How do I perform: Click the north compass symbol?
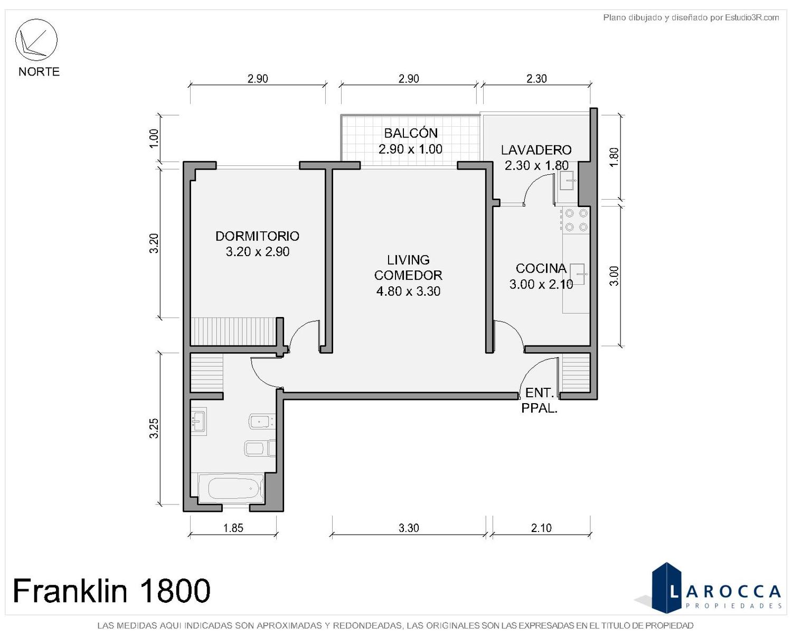point(36,40)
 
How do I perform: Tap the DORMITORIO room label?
point(257,236)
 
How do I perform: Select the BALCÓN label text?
point(411,133)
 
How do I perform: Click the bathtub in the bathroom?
point(231,488)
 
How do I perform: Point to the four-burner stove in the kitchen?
point(576,220)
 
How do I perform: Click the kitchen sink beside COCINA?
point(577,274)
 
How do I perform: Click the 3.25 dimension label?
point(154,428)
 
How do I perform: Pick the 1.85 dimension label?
point(233,528)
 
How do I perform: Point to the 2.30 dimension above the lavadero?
point(536,79)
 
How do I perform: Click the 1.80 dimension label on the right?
point(614,157)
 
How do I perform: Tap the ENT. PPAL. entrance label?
point(539,400)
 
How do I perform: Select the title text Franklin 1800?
point(111,591)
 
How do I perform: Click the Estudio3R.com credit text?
point(691,17)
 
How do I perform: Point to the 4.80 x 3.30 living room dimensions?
point(408,291)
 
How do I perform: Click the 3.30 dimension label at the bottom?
point(409,528)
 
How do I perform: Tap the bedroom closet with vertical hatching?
point(233,332)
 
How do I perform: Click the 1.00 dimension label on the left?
point(154,138)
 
